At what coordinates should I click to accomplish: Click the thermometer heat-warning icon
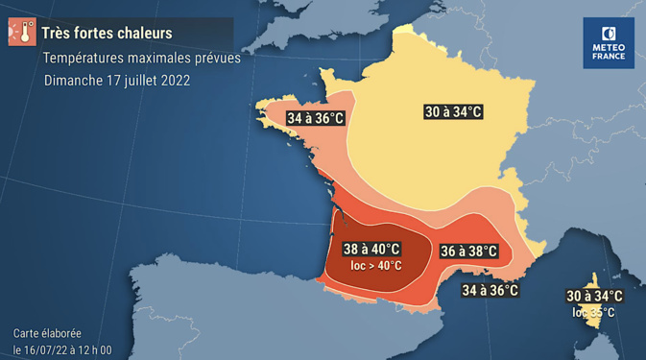[21, 33]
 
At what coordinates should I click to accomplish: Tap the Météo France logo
[609, 43]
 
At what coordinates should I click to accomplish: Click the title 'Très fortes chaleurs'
[107, 34]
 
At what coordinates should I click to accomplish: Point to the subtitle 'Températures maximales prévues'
[141, 58]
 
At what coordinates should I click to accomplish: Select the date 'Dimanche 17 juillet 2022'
[116, 81]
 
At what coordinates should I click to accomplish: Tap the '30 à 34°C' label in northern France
[453, 112]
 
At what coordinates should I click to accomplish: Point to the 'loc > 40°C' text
[376, 266]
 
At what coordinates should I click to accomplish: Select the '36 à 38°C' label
[469, 252]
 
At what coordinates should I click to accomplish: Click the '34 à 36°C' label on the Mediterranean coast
[490, 290]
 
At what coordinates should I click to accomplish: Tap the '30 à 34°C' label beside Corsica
[594, 297]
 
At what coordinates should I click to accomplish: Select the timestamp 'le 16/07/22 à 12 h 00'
[62, 349]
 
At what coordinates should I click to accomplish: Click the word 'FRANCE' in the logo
[609, 57]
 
